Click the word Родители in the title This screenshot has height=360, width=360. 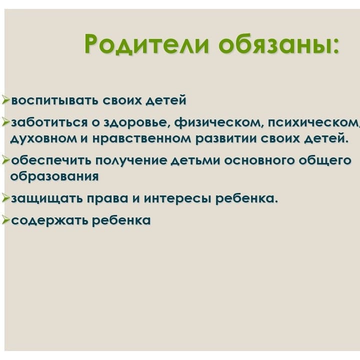click(x=147, y=44)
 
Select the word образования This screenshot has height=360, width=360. click(x=54, y=176)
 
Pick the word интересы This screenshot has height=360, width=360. click(x=177, y=199)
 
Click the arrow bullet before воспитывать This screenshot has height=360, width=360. click(x=5, y=100)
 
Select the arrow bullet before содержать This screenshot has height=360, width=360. click(x=5, y=219)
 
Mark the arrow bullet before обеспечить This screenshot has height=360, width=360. click(x=5, y=159)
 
